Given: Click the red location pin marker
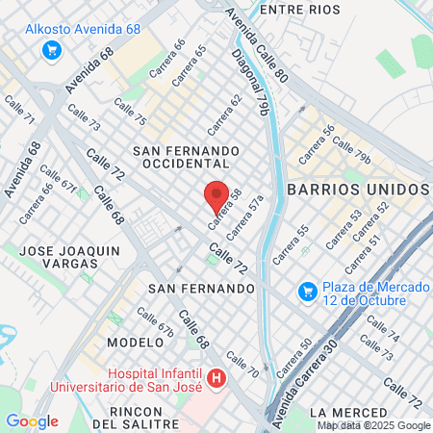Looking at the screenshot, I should tap(217, 195).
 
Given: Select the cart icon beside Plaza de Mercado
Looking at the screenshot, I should tap(307, 290).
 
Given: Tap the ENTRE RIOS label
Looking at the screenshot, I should tap(301, 9).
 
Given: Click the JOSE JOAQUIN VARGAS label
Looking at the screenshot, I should tap(71, 256).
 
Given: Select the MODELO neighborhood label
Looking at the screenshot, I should tap(135, 343).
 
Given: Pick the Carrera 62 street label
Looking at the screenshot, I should tap(224, 115).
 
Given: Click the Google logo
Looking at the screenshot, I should tap(32, 421).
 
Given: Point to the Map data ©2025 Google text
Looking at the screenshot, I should tap(374, 425).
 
